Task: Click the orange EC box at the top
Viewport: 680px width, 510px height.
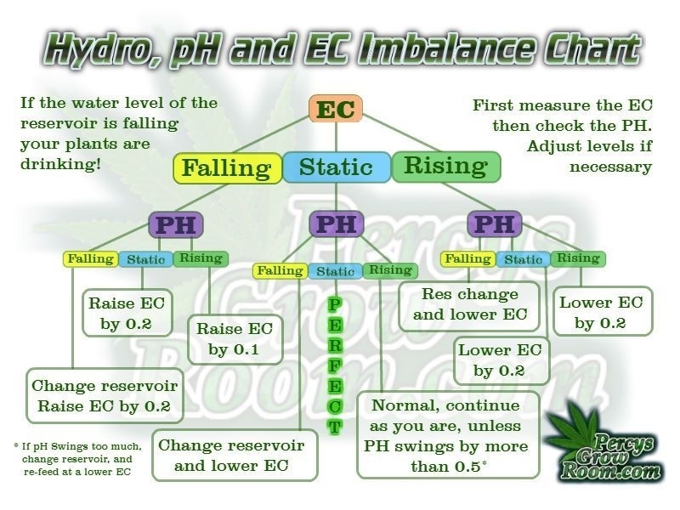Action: tap(336, 110)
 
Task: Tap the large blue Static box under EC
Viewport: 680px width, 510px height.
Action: tap(336, 167)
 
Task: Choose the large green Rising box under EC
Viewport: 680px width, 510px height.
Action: tap(445, 167)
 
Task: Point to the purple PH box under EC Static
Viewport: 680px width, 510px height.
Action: tap(337, 224)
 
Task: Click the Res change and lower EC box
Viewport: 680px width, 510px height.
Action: tap(470, 304)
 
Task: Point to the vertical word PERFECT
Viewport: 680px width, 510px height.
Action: tap(335, 365)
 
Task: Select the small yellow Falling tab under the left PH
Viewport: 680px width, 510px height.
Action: tap(90, 258)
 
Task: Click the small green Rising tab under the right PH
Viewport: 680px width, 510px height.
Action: tap(578, 258)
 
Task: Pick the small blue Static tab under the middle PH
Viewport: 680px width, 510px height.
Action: tap(336, 271)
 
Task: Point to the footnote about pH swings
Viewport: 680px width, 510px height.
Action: tap(73, 460)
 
